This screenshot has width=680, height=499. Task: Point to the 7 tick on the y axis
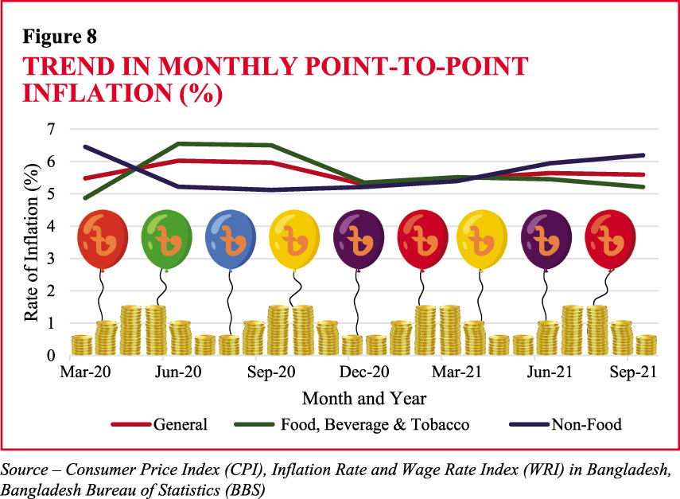[x=52, y=129]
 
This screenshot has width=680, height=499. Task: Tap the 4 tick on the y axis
[x=52, y=226]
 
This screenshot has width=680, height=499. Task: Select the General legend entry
[x=181, y=424]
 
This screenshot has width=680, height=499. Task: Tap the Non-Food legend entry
[x=586, y=424]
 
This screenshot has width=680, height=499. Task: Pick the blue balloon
[x=231, y=236]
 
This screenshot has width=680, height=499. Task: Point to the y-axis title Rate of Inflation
[x=31, y=242]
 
